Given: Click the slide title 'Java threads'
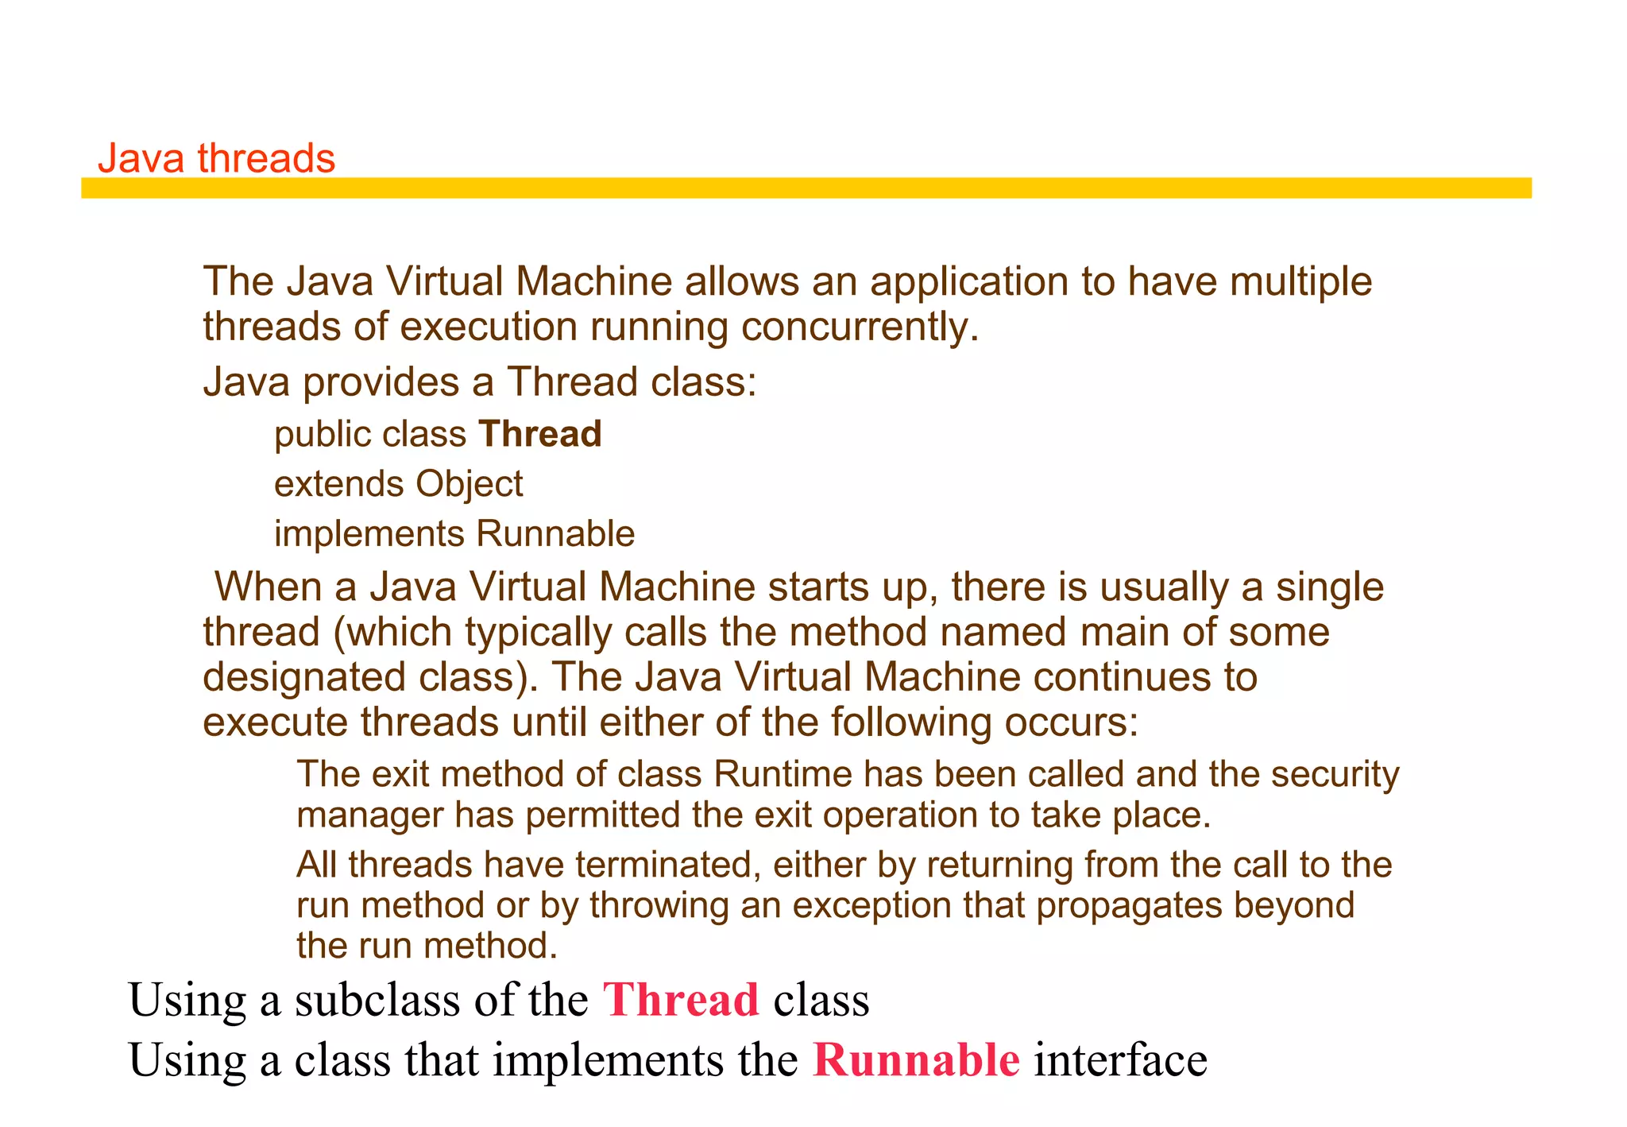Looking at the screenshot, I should pyautogui.click(x=216, y=158).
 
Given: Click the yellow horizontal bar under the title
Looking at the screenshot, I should pyautogui.click(x=806, y=188).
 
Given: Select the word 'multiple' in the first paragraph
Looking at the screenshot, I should pyautogui.click(x=1300, y=282).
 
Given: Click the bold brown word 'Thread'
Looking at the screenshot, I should pyautogui.click(x=540, y=434).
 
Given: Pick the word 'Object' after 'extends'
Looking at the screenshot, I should pyautogui.click(x=469, y=484).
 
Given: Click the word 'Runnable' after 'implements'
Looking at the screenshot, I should pyautogui.click(x=555, y=534).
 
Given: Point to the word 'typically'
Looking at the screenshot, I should pyautogui.click(x=538, y=633).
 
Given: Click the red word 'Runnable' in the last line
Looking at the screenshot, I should pyautogui.click(x=916, y=1060).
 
